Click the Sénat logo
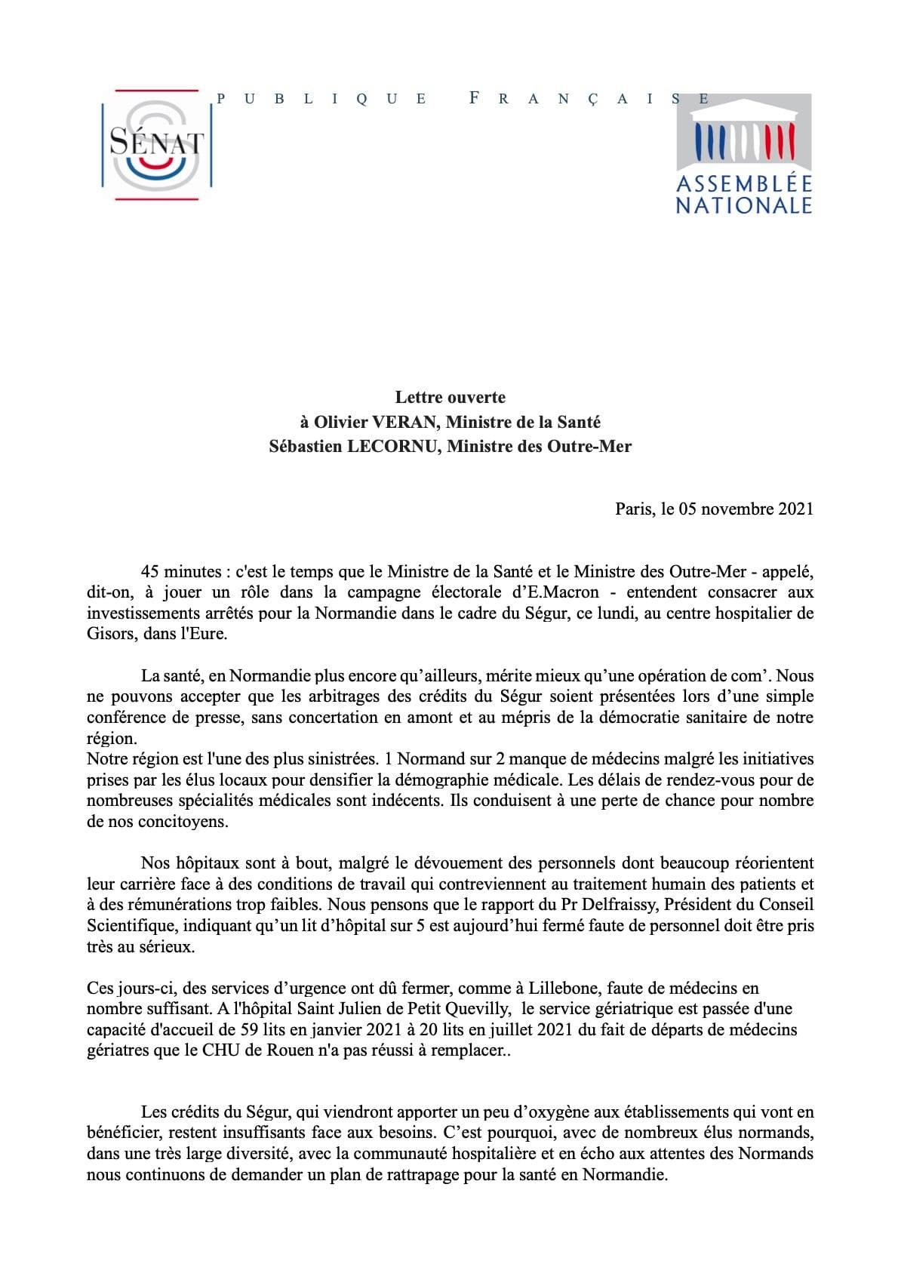coord(156,144)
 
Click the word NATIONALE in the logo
coord(743,205)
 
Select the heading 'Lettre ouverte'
coord(451,397)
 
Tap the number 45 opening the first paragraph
coord(150,571)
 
